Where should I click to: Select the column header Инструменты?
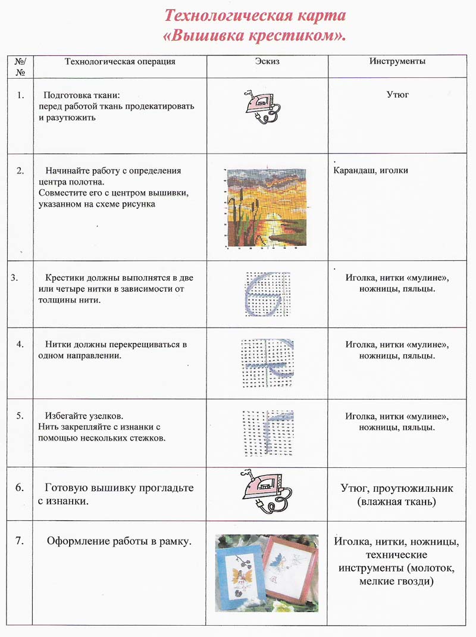pos(397,61)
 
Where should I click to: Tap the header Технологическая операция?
pos(120,61)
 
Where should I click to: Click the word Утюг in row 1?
pos(397,95)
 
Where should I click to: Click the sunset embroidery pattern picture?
pos(268,207)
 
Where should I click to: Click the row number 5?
pos(20,415)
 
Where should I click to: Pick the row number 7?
pos(20,541)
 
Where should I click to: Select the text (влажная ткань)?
pos(397,502)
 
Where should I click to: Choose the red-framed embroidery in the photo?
pos(290,569)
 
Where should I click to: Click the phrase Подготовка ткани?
pos(82,95)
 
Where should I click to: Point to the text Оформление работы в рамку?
pos(120,542)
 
